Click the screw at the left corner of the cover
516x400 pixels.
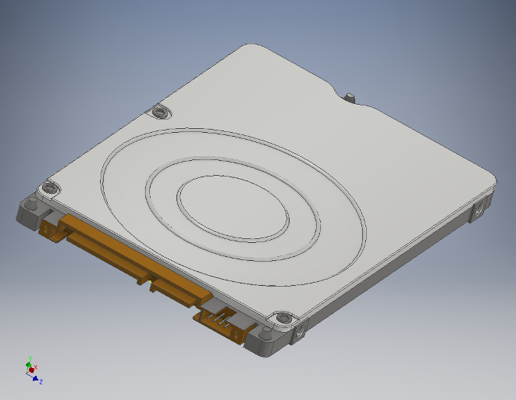coord(51,187)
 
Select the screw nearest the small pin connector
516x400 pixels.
coord(283,319)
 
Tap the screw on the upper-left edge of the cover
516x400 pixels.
coord(161,112)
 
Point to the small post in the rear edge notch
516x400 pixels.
coord(349,98)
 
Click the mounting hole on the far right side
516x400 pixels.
coord(479,210)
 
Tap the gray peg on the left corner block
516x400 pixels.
coord(30,205)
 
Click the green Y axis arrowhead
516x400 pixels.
coord(29,362)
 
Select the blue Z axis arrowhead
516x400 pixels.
coord(36,378)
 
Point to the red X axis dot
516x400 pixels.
coord(32,370)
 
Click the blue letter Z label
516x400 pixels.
coord(41,381)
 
